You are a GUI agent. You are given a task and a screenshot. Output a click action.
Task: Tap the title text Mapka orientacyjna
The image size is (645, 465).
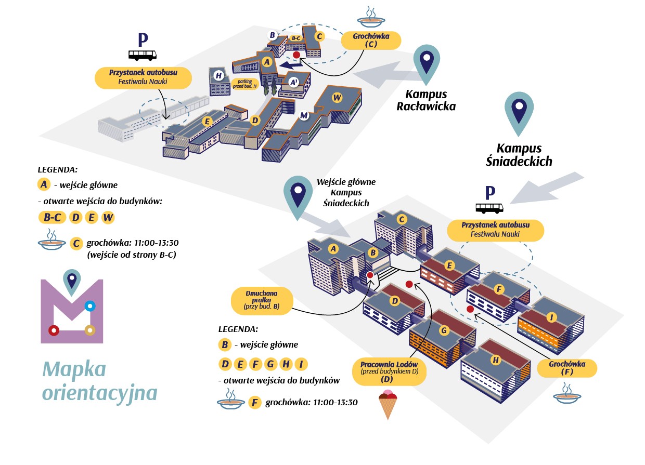(x=99, y=381)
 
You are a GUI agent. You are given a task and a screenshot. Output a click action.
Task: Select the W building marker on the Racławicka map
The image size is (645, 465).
(x=337, y=97)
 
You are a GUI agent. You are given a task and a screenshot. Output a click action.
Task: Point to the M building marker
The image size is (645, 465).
(x=304, y=115)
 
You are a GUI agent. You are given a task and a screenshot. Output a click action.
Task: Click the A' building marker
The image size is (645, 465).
(x=293, y=82)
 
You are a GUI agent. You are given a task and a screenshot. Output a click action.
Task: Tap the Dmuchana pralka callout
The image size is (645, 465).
(x=262, y=300)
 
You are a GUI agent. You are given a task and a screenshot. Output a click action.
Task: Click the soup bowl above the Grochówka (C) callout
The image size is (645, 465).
(x=371, y=18)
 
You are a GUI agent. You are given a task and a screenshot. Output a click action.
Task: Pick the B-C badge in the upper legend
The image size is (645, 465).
(x=52, y=218)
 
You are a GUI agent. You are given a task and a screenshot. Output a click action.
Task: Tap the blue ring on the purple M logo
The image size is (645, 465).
(x=89, y=306)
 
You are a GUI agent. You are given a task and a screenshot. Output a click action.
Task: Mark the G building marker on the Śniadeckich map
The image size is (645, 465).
(x=444, y=330)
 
